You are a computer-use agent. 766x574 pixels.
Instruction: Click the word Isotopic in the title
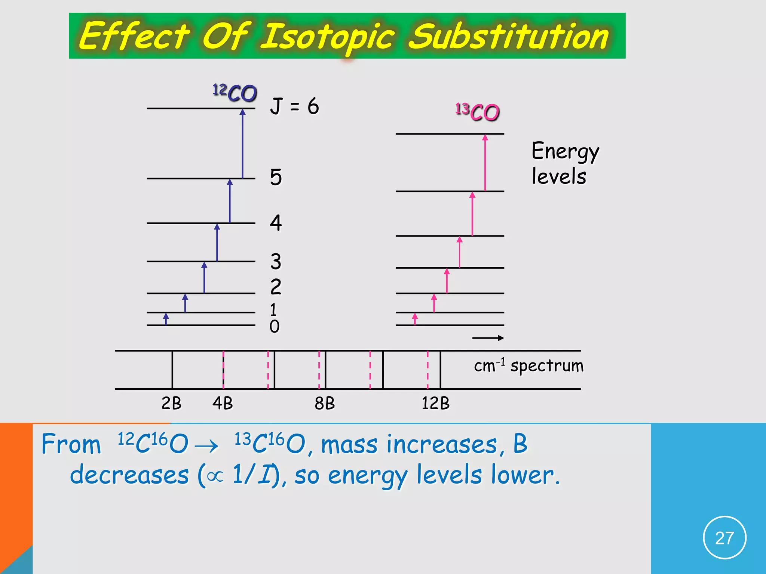[327, 37]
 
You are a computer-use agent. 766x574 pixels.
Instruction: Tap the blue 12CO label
[235, 93]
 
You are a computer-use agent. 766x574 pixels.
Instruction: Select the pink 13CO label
[478, 112]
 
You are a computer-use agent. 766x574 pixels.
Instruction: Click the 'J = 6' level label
[294, 106]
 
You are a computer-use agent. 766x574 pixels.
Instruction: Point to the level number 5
[276, 177]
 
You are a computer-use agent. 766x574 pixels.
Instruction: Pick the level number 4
[276, 223]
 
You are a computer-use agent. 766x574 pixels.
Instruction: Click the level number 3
[276, 261]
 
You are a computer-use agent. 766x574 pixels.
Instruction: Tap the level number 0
[275, 327]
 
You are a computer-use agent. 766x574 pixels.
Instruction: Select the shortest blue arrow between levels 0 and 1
[166, 319]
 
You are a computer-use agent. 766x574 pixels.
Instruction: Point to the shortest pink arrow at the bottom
[415, 319]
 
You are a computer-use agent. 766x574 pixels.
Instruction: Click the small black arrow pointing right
[488, 338]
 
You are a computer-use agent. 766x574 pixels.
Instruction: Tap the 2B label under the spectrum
[171, 403]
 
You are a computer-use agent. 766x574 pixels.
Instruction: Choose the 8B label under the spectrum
[324, 403]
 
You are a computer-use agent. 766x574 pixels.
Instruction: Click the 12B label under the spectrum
[435, 403]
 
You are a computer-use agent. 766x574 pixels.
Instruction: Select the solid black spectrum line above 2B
[172, 370]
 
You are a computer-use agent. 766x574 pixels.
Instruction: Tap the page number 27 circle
[724, 538]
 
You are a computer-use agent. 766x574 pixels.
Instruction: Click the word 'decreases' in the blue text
[129, 475]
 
